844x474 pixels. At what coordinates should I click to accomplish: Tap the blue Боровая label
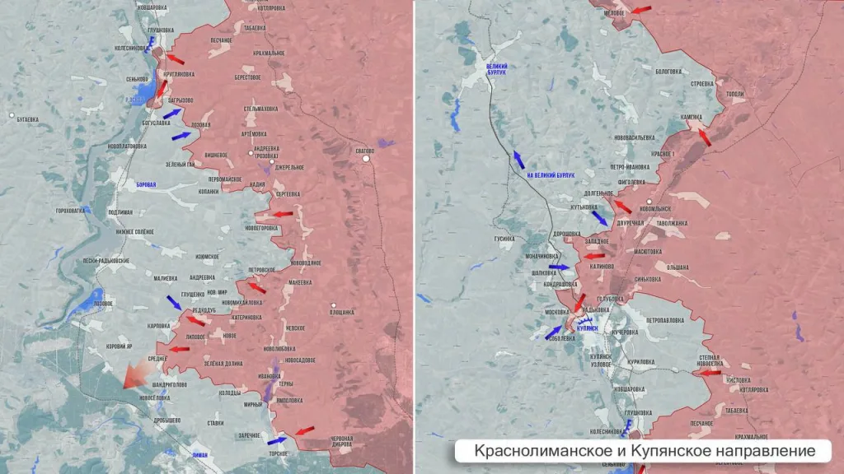click(145, 185)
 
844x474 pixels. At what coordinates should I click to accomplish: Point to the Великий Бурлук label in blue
click(496, 69)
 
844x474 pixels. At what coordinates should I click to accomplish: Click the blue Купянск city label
click(588, 328)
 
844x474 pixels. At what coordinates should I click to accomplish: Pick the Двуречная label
click(629, 223)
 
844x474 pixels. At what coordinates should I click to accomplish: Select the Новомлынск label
click(670, 210)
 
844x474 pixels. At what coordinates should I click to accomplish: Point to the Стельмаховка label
click(260, 109)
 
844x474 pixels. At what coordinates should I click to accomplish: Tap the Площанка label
click(341, 312)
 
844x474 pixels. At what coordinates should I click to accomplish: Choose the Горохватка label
click(71, 211)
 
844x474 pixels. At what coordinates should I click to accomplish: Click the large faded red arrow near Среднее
click(134, 376)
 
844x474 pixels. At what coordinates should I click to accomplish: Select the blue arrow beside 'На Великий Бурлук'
click(518, 160)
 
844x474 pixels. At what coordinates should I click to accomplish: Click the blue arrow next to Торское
click(278, 440)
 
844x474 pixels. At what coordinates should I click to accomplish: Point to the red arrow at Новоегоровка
click(282, 215)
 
